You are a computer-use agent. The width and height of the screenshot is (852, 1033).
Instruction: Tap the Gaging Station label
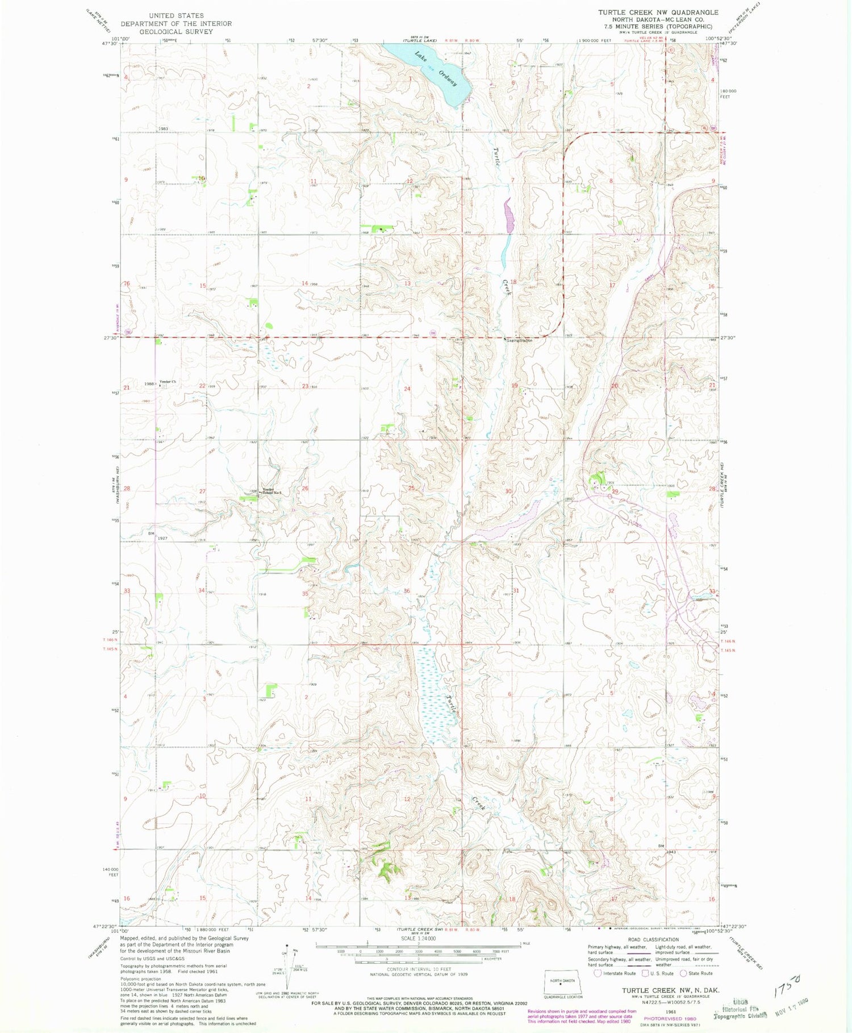pyautogui.click(x=519, y=340)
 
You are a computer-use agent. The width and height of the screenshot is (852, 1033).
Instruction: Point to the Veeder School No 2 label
pyautogui.click(x=271, y=492)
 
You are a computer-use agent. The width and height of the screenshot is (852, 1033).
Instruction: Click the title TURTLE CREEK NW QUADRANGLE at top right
pyautogui.click(x=658, y=12)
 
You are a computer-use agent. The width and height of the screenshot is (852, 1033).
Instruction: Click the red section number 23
pyautogui.click(x=305, y=386)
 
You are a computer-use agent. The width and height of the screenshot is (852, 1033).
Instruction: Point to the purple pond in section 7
pyautogui.click(x=509, y=215)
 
